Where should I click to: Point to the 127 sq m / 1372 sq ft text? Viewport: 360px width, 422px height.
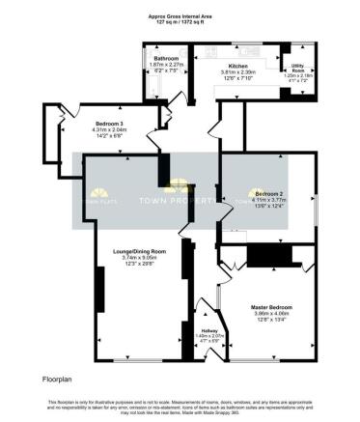(x=180, y=22)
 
